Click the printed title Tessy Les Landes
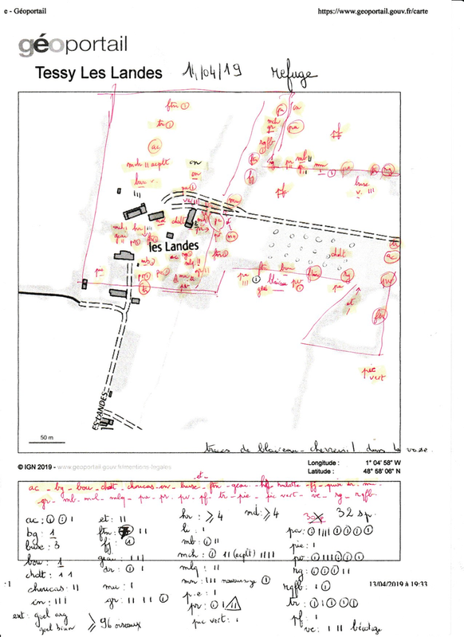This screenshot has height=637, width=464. (99, 73)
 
